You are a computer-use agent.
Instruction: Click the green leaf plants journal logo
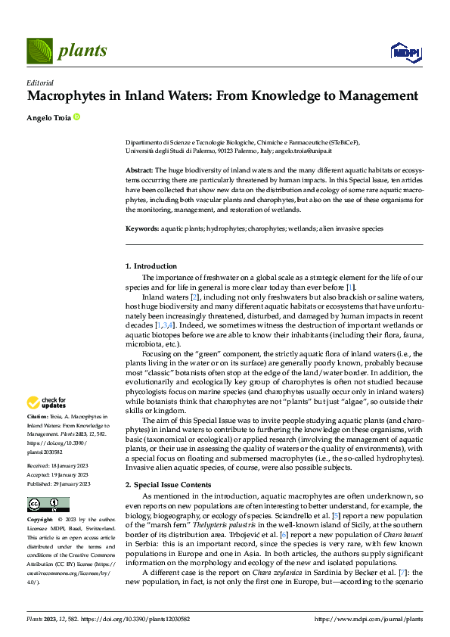[x=40, y=51]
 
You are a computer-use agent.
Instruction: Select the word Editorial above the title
[x=40, y=82]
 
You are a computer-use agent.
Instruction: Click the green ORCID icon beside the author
[x=76, y=117]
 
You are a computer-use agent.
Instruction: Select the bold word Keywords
[x=141, y=228]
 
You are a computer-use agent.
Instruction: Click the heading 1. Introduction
[x=151, y=266]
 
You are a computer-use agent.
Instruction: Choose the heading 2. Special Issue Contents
[x=169, y=462]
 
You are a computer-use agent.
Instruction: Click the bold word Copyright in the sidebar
[x=40, y=520]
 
